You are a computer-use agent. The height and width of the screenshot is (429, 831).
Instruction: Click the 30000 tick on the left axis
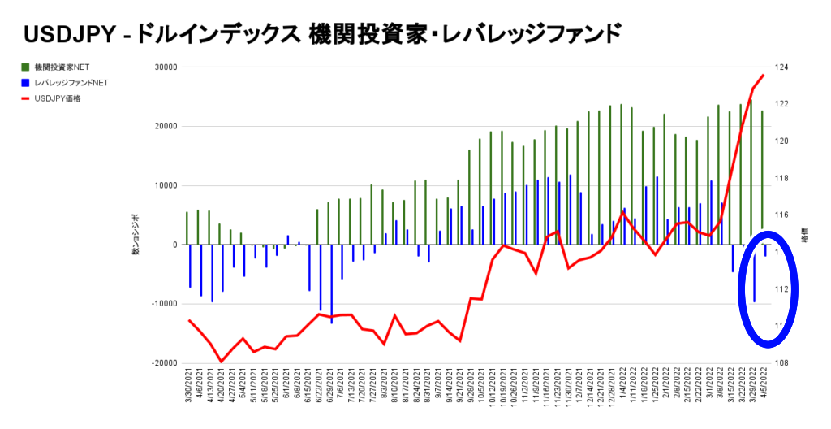point(166,67)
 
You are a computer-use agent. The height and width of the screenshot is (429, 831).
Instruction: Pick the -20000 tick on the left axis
point(165,363)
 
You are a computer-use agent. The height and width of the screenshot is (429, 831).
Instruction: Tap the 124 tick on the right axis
point(783,67)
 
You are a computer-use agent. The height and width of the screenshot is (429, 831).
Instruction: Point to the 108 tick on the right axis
point(783,363)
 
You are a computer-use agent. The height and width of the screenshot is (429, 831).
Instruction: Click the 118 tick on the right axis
point(783,178)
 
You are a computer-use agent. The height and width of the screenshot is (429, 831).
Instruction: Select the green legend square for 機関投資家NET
point(26,67)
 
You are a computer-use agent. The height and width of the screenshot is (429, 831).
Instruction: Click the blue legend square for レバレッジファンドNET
point(26,83)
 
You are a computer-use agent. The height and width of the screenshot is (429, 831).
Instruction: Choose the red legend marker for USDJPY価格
point(26,99)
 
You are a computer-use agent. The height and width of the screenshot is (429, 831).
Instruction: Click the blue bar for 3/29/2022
point(755,278)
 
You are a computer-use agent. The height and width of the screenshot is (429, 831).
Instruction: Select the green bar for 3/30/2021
point(187,227)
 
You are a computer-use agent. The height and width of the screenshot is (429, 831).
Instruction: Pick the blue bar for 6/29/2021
point(331,284)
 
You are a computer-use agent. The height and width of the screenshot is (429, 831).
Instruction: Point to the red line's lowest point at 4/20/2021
point(221,362)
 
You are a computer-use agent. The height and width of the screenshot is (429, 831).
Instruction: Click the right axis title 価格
point(805,236)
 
